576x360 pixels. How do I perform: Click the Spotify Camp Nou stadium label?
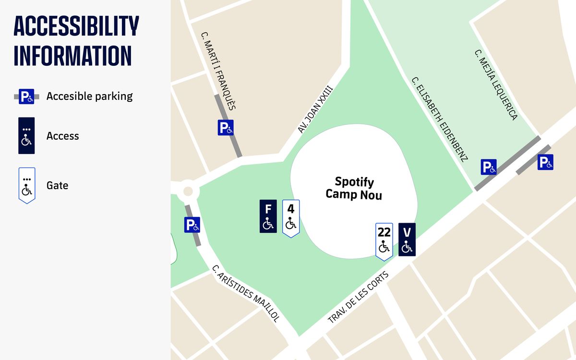[354, 188]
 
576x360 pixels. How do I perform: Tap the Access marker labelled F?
[268, 216]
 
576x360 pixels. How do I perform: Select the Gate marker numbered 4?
[291, 217]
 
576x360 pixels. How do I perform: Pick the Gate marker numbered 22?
[384, 241]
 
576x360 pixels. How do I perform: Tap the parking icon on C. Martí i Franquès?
[226, 128]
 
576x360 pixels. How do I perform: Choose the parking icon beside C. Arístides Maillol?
[192, 225]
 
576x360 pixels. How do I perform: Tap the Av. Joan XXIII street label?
[315, 109]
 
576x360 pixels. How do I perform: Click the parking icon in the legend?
[26, 96]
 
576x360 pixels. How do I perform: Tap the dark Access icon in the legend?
[26, 136]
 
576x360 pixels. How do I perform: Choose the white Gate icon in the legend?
[26, 185]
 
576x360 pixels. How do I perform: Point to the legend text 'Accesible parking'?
[89, 96]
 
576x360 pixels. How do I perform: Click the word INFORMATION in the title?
[72, 56]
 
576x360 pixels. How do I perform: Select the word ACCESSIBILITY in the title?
[76, 26]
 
